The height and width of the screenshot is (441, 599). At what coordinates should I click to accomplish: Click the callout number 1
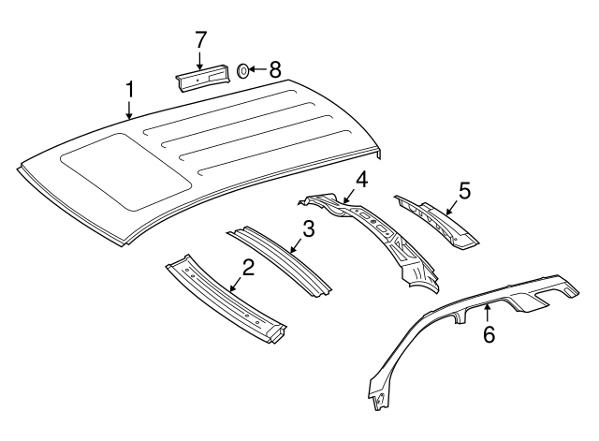click(130, 90)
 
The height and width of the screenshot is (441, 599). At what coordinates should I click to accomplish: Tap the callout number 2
click(248, 268)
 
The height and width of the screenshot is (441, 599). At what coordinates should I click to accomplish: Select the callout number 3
click(308, 228)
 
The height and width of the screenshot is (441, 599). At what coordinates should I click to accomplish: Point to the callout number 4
click(360, 181)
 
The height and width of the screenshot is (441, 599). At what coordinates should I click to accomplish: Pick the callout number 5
click(464, 192)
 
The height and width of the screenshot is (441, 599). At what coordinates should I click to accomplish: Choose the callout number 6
click(488, 334)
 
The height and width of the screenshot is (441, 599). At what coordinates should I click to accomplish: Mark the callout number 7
click(199, 39)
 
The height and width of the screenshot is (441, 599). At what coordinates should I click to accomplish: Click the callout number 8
click(274, 68)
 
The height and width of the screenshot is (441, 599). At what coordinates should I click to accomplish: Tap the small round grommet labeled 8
click(241, 69)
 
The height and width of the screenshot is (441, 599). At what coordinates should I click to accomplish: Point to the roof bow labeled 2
click(225, 295)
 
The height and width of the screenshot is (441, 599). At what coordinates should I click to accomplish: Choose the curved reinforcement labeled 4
click(384, 234)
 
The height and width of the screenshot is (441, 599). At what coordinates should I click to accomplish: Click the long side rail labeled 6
click(440, 318)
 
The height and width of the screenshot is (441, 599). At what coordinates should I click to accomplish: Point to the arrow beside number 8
click(258, 69)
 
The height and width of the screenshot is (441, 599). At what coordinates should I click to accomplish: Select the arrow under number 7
click(199, 58)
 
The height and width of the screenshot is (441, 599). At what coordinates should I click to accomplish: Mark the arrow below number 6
click(488, 314)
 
